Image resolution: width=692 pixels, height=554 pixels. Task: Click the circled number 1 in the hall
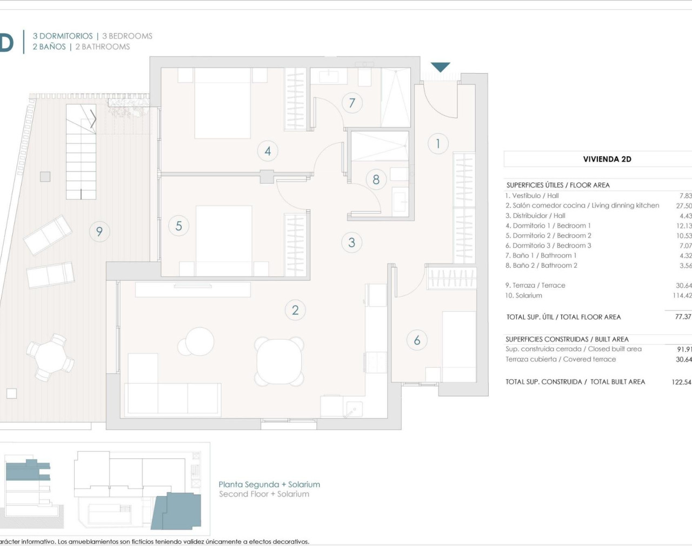[438, 143]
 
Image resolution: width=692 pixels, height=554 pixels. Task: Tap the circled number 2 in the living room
[295, 310]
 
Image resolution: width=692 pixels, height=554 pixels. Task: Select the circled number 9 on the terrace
[99, 232]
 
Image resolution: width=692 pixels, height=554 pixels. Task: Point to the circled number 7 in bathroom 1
[352, 102]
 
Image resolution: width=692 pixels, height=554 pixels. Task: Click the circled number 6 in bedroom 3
[417, 340]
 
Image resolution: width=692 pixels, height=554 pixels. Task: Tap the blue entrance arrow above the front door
[441, 67]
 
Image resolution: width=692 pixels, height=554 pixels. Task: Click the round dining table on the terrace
[50, 357]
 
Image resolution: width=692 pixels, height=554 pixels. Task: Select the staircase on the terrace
[81, 151]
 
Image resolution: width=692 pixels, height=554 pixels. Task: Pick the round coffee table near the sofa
[199, 341]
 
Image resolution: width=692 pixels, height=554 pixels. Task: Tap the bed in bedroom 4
[222, 103]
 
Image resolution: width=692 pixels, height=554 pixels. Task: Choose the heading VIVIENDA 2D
[607, 159]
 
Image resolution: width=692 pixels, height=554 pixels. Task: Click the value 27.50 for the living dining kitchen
[683, 206]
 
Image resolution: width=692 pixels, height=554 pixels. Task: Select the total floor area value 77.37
[683, 316]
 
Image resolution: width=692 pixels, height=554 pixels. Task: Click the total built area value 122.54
[681, 382]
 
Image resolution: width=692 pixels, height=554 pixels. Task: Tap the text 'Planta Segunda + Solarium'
[269, 484]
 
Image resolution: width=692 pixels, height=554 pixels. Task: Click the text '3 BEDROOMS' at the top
[127, 36]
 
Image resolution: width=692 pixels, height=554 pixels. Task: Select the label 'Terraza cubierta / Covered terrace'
[561, 359]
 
